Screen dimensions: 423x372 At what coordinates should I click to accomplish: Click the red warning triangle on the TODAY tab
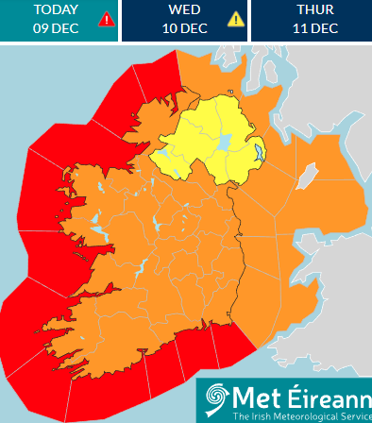tap(107, 19)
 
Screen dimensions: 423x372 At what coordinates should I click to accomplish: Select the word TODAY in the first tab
tap(56, 10)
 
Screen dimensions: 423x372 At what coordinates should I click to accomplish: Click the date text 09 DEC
tap(56, 28)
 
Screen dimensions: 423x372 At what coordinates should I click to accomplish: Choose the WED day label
tap(184, 10)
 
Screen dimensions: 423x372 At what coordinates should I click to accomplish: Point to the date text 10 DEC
tap(184, 28)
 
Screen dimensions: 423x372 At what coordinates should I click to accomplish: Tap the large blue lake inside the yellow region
tap(225, 143)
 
